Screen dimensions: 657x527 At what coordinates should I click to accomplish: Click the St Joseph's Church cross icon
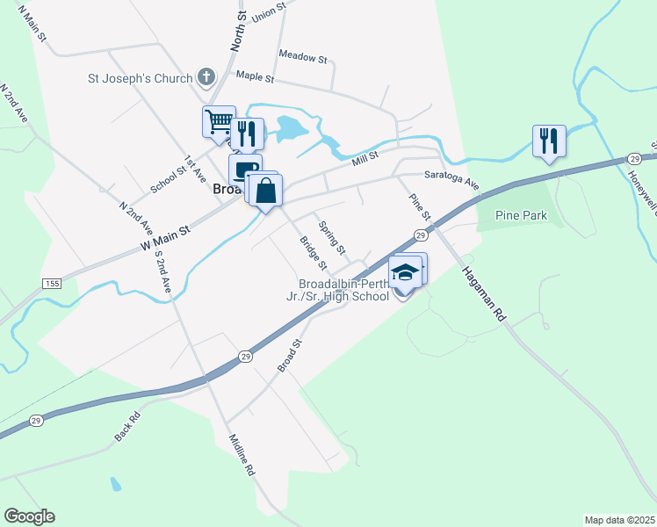[206, 77]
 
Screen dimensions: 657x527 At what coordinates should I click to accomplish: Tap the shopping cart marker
[219, 120]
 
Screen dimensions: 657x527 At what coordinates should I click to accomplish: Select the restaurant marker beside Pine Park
[549, 140]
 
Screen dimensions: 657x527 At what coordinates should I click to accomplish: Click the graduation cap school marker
[404, 272]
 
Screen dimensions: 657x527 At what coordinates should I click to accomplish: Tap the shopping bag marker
[266, 190]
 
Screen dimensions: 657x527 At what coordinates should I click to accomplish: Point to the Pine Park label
[522, 215]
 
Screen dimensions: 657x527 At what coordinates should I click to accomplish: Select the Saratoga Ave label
[452, 180]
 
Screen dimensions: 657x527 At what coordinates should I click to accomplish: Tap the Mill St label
[365, 158]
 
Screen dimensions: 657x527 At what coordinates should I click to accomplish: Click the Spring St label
[332, 235]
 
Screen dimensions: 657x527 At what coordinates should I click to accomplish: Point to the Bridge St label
[313, 253]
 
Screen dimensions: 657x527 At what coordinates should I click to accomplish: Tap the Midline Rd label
[242, 455]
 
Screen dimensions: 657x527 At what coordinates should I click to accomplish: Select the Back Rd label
[127, 427]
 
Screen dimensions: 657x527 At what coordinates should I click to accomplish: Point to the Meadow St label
[302, 57]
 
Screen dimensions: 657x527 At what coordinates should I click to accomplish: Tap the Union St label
[269, 11]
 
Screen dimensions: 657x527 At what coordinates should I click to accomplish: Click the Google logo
[29, 516]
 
